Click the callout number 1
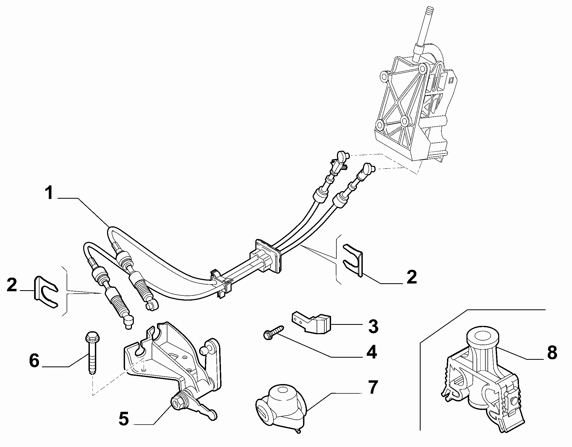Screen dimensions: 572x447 50,193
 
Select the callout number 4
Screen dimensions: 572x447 372,352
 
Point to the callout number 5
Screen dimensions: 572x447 124,419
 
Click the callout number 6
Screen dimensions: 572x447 34,361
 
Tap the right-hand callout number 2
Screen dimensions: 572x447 412,277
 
